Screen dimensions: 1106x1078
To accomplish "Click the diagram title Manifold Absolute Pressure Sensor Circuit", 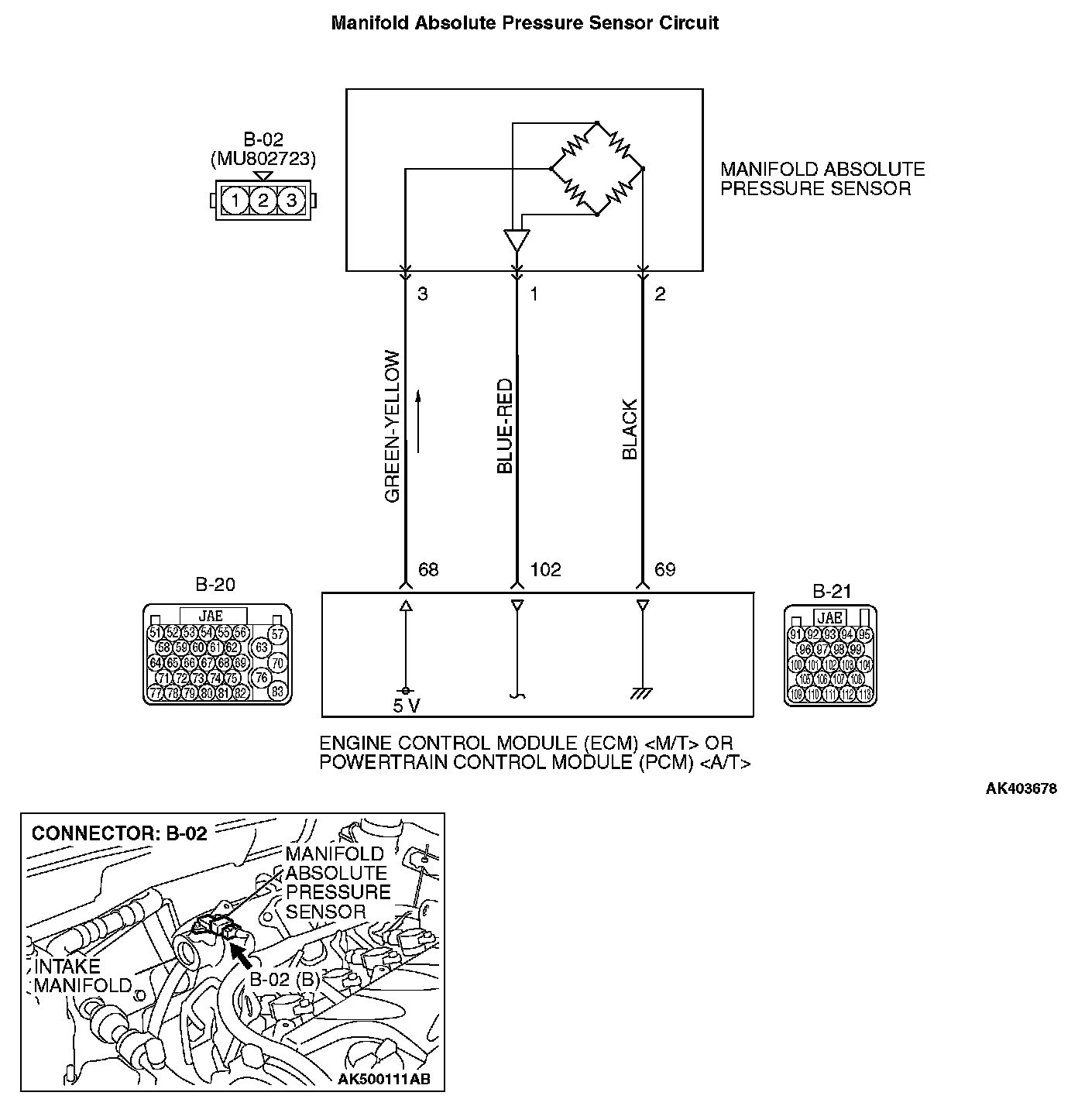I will (x=524, y=23).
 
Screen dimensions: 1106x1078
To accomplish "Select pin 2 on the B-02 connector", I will (x=263, y=201).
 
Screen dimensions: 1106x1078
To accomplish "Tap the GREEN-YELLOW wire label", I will (x=393, y=427).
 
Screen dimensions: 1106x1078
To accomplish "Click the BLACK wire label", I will (x=630, y=429).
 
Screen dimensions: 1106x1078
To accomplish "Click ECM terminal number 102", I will (x=545, y=570).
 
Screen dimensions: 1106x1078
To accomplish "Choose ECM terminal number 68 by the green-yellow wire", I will (x=428, y=570).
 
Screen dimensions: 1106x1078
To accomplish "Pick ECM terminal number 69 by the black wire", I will (x=664, y=570).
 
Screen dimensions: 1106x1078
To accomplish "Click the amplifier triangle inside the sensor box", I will (x=517, y=239).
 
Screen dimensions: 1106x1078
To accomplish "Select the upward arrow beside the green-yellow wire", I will (x=418, y=421).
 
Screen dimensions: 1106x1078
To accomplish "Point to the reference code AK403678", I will (x=1021, y=789).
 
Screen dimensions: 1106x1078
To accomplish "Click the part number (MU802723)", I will (x=263, y=159).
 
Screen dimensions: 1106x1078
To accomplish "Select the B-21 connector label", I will (x=832, y=592).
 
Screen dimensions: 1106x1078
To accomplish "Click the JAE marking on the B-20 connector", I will (x=211, y=616).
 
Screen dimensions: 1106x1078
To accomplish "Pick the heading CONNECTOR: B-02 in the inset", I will (x=119, y=833).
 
